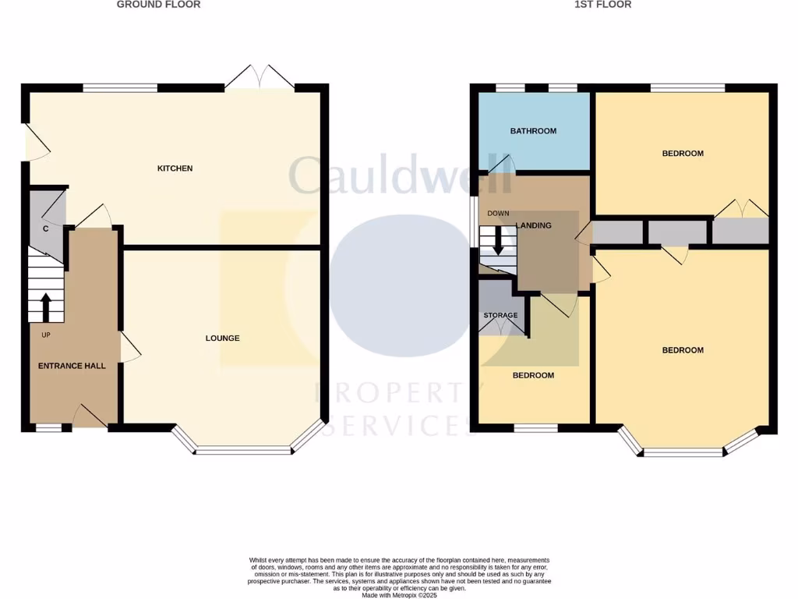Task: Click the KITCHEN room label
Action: tap(175, 168)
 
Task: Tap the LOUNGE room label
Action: tap(222, 338)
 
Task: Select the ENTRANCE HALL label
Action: tap(72, 366)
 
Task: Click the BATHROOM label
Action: tap(533, 131)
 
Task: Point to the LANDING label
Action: tap(534, 226)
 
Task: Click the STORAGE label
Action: tap(500, 316)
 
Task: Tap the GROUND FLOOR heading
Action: tap(158, 5)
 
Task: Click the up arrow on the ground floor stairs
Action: tap(45, 307)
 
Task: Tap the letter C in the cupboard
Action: tap(46, 229)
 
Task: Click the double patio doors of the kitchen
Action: tap(260, 79)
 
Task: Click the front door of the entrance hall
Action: tap(89, 417)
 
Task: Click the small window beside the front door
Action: tap(48, 427)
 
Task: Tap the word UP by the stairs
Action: tap(46, 335)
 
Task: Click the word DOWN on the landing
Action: tap(498, 214)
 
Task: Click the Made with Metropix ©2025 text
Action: tap(399, 595)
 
